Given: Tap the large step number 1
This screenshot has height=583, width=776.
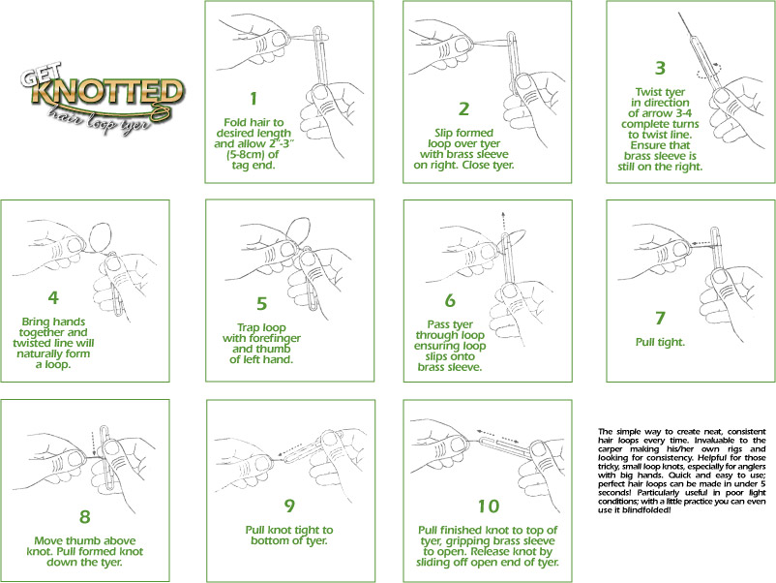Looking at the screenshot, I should (254, 98).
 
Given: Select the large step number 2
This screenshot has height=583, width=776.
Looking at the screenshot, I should (463, 107).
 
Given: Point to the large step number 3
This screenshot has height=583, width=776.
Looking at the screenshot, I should (660, 68).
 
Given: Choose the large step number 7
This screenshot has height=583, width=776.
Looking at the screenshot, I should (660, 317).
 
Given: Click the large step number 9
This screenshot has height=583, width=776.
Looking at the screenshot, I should (260, 505).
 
